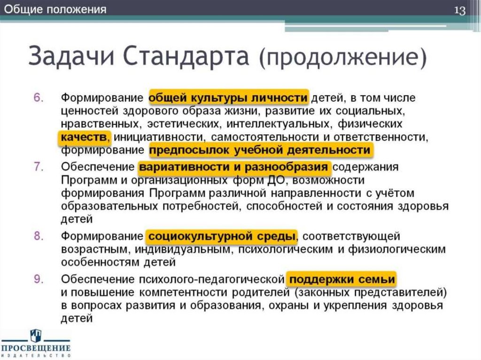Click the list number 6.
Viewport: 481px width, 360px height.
39,98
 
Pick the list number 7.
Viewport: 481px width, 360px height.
39,167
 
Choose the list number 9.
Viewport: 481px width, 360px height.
39,279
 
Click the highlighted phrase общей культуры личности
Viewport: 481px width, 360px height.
228,98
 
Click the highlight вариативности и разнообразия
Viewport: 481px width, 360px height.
233,167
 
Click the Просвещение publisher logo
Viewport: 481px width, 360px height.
36,343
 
